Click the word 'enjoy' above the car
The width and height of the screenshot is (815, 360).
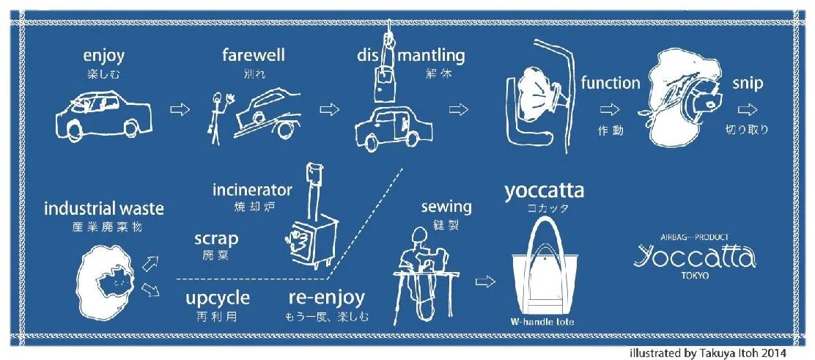click(103, 56)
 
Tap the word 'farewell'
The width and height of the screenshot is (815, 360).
click(253, 55)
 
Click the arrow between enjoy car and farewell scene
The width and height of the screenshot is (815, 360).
click(180, 110)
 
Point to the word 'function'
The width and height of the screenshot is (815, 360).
click(611, 83)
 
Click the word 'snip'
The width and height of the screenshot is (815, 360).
click(748, 84)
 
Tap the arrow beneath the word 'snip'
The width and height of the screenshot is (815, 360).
click(748, 110)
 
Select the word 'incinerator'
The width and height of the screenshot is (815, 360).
click(252, 190)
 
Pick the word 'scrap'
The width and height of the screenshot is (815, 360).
click(216, 239)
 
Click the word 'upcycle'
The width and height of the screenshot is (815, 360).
click(218, 298)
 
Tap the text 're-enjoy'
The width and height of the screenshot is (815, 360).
click(326, 298)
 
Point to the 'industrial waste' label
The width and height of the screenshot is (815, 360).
click(104, 209)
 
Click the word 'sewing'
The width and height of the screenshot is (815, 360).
click(446, 207)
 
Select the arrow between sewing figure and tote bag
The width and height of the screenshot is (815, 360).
click(485, 282)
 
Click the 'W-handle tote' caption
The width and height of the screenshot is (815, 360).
click(543, 322)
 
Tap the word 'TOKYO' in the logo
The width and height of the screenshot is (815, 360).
click(695, 276)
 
